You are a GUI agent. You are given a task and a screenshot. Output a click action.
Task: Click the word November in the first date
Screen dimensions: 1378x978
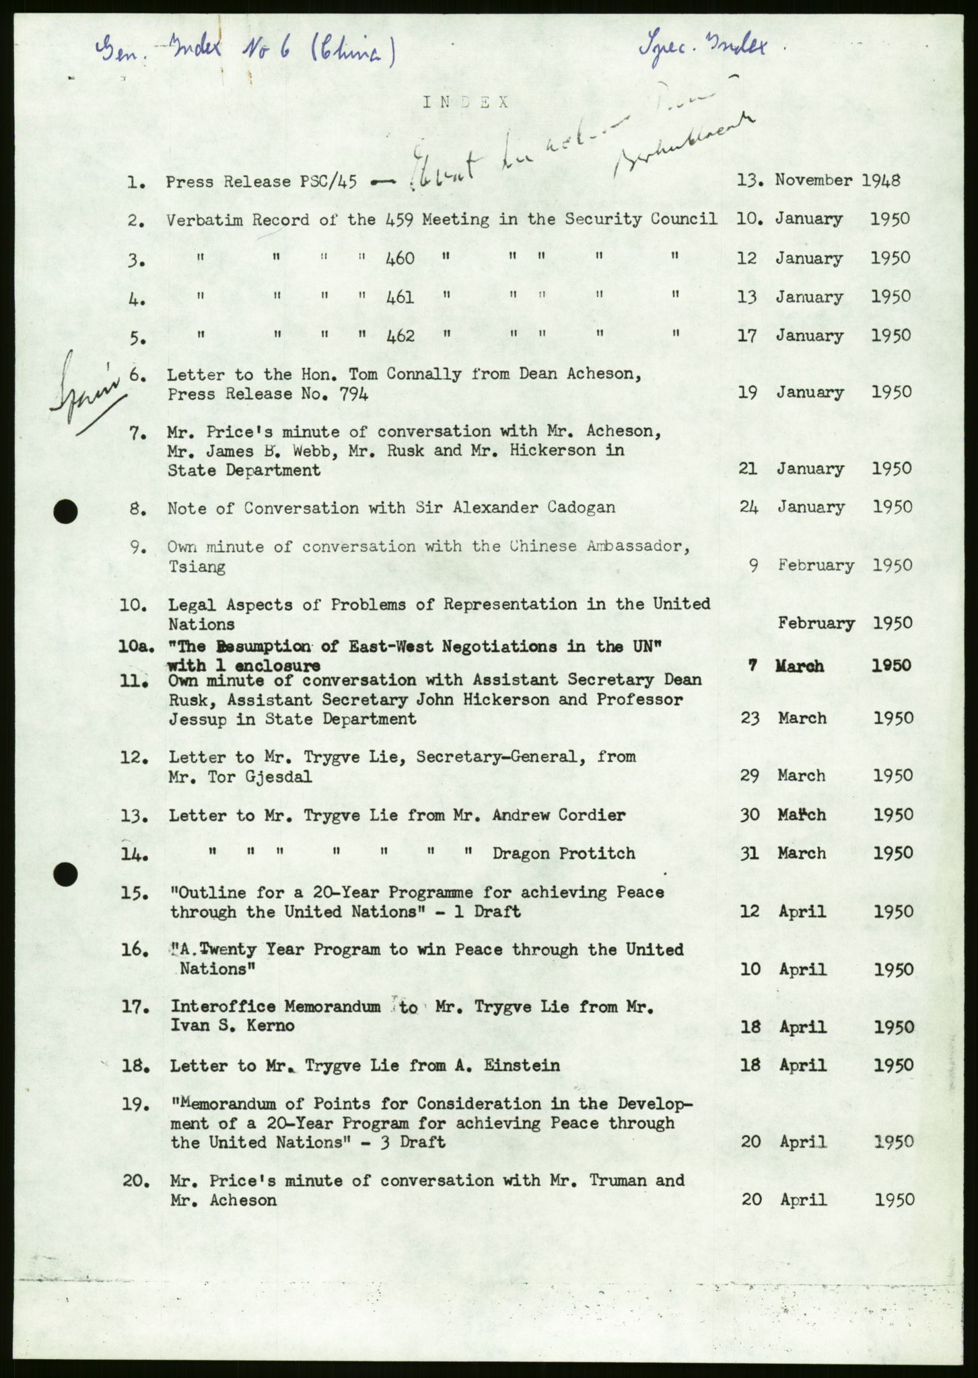(x=813, y=180)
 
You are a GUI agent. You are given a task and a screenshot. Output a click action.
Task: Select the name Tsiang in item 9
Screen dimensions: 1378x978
(x=197, y=567)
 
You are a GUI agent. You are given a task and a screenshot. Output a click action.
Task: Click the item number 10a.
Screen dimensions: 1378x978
(x=135, y=647)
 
